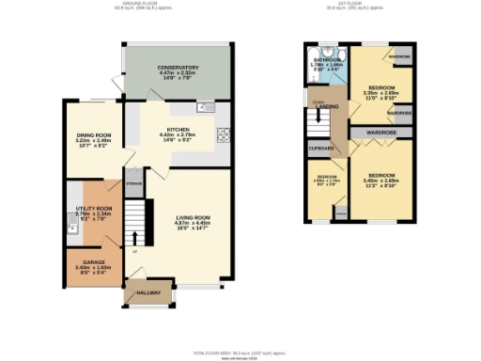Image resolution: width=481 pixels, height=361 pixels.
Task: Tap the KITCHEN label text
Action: (x=179, y=129)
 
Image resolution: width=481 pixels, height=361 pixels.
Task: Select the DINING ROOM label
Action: (x=101, y=134)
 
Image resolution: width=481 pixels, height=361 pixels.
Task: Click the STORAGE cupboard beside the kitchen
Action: (x=134, y=183)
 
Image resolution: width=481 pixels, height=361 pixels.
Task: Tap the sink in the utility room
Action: (x=71, y=226)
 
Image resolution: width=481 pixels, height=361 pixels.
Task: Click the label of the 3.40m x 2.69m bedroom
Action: (x=382, y=176)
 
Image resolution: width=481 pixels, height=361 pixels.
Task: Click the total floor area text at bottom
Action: (x=240, y=351)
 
